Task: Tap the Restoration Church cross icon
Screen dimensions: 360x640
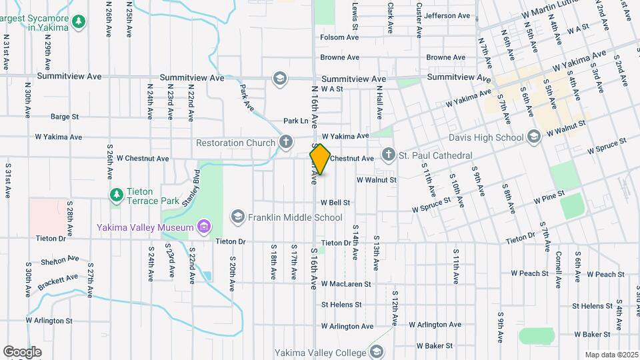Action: (x=286, y=141)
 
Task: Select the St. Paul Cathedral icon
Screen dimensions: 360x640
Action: (x=389, y=155)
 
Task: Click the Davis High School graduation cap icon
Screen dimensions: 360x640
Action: (x=533, y=137)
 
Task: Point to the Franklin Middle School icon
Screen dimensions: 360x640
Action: (x=238, y=217)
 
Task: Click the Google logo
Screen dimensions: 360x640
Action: (x=22, y=351)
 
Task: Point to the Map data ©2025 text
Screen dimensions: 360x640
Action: (x=611, y=355)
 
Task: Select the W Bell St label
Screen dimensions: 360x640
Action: (x=335, y=202)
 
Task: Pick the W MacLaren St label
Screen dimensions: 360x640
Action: (x=345, y=284)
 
